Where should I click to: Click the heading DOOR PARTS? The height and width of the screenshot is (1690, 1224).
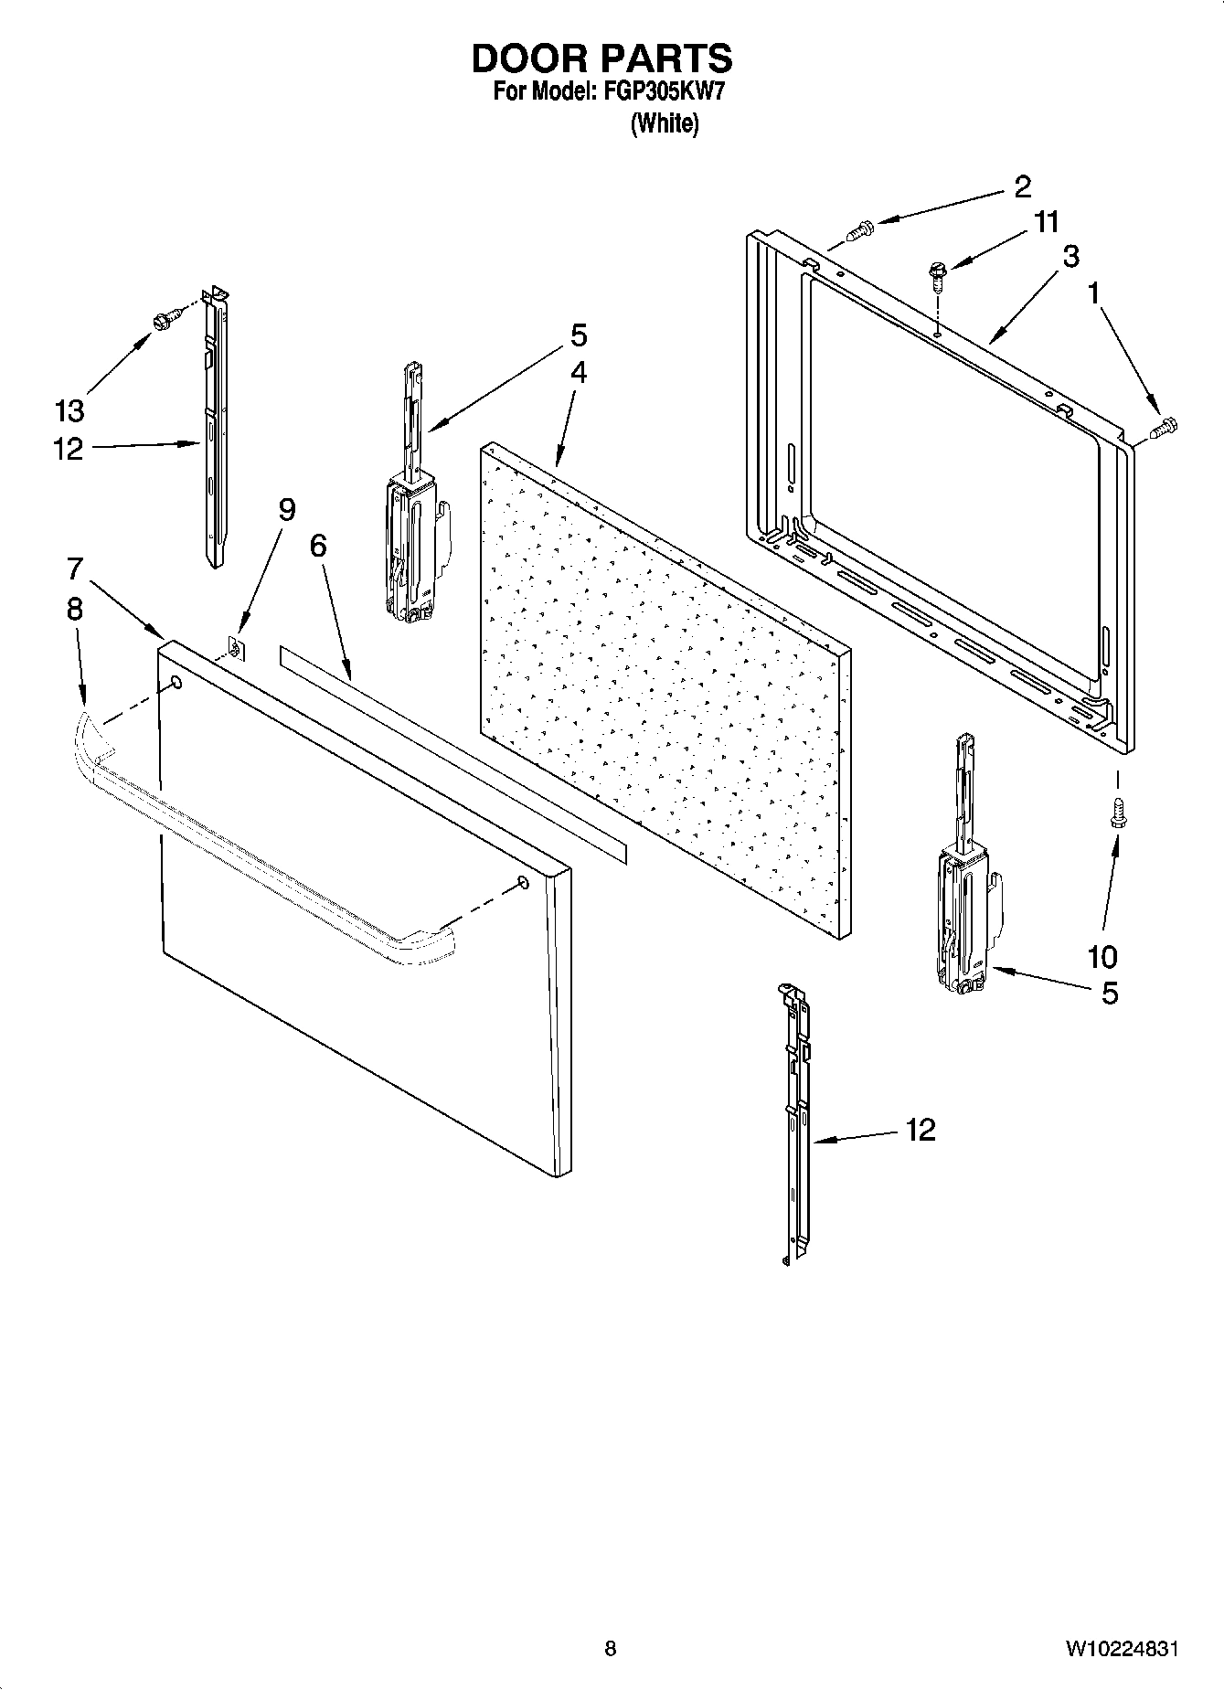click(x=601, y=58)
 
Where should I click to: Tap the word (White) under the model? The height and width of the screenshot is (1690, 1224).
click(x=665, y=123)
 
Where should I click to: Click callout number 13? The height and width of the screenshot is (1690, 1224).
click(x=69, y=410)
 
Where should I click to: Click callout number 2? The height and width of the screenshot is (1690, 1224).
click(x=1022, y=186)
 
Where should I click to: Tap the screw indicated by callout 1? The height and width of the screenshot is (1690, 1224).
click(x=1165, y=427)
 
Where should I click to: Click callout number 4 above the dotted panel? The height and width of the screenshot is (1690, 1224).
click(x=579, y=373)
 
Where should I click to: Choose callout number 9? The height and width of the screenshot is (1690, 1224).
click(x=287, y=509)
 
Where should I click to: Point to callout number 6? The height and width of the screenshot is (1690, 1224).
click(x=317, y=545)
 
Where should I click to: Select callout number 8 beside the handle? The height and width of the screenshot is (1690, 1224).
click(x=74, y=609)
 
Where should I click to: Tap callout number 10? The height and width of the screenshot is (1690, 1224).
click(x=1102, y=957)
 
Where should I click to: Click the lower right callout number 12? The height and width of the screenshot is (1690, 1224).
click(x=921, y=1131)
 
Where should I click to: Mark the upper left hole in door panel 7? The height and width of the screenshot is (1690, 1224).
click(x=176, y=683)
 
